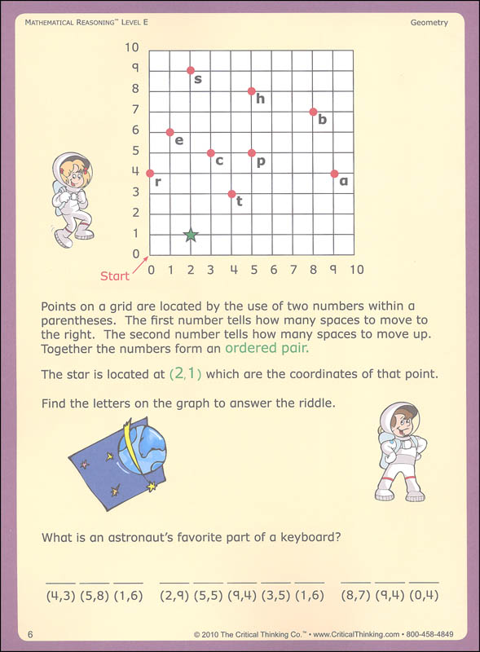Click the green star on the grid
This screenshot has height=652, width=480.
tap(191, 235)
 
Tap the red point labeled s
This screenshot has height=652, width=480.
tap(191, 70)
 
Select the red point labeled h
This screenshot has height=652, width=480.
tap(252, 90)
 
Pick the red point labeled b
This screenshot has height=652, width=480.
tap(313, 112)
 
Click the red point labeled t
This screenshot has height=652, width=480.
tap(231, 194)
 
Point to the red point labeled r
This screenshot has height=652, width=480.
tap(150, 173)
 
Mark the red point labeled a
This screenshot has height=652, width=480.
tap(334, 173)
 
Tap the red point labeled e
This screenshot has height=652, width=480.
tap(170, 132)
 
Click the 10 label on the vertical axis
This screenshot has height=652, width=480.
tap(132, 48)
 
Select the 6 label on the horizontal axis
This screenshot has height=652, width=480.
tap(273, 270)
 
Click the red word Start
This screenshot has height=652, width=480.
tap(115, 276)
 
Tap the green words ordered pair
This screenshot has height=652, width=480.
tap(268, 349)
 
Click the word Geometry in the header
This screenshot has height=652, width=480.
tap(429, 23)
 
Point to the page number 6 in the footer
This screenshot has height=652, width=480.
tap(29, 634)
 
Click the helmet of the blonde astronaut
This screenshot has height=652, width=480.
tap(72, 170)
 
